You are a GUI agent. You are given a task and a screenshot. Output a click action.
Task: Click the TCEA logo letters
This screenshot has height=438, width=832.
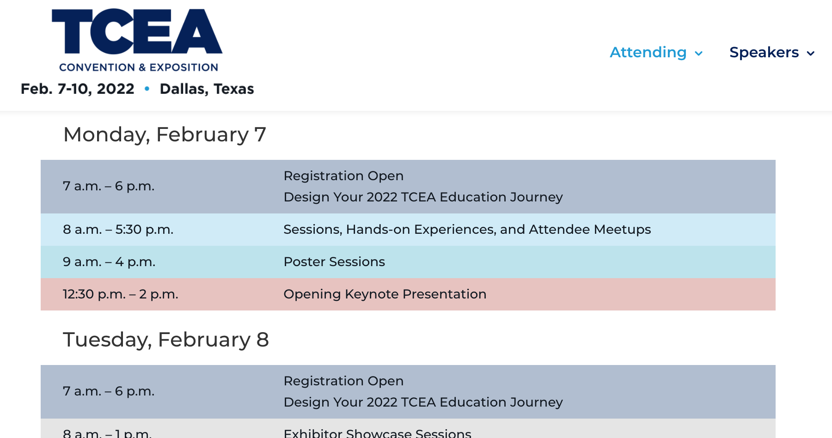tap(137, 31)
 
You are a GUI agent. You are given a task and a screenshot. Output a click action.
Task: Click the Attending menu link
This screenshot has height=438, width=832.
tap(648, 52)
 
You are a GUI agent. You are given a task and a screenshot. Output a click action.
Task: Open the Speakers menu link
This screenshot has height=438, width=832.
tap(764, 52)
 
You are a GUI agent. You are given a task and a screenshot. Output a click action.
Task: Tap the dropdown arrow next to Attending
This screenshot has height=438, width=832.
tap(699, 54)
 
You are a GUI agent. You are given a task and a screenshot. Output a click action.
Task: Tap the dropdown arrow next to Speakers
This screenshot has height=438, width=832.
tap(810, 54)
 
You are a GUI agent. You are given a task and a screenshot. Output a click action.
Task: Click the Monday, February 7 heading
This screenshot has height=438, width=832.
tap(165, 134)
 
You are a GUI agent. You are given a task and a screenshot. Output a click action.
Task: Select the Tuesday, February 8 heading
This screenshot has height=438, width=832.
tap(166, 340)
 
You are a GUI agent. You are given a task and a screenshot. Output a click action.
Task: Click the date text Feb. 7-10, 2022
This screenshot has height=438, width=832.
tap(78, 89)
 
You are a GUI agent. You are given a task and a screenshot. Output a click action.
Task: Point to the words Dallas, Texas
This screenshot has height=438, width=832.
tap(207, 89)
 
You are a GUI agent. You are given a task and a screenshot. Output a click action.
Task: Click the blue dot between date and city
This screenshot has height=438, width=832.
tap(147, 88)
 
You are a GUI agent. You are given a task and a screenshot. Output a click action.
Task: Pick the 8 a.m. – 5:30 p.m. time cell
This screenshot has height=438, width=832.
tap(118, 230)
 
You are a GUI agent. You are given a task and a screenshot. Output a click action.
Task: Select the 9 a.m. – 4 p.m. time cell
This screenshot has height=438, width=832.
tap(109, 262)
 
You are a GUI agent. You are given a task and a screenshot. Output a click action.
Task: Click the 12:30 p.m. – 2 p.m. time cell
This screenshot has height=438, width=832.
tap(120, 294)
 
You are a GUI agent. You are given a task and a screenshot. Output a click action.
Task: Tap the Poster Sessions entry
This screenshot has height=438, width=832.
tap(334, 262)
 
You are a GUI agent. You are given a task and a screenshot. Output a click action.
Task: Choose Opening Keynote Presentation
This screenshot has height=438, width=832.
tap(385, 294)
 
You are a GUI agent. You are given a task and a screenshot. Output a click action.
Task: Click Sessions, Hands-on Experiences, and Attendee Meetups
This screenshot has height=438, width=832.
tap(467, 230)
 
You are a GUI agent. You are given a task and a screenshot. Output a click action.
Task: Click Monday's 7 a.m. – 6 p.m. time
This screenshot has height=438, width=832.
tap(109, 186)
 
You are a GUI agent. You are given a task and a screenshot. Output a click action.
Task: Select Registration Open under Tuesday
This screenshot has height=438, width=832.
tap(343, 381)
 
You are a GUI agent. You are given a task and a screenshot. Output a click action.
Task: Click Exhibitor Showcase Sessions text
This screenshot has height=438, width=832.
tap(377, 433)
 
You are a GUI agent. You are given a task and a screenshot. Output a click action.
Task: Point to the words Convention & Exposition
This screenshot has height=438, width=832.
tap(138, 67)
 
